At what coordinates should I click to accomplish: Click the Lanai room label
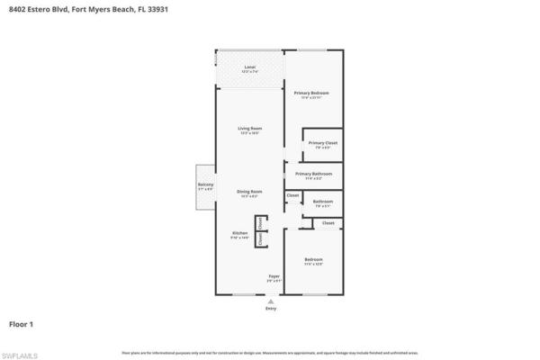tap(249, 67)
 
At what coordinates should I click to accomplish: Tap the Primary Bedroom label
tap(311, 94)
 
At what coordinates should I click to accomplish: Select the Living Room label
tap(249, 129)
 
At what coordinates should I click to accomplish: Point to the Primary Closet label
tap(323, 143)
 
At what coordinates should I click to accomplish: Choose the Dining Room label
tap(249, 192)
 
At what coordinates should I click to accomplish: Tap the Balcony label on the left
tap(205, 185)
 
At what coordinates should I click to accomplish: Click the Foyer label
tap(274, 276)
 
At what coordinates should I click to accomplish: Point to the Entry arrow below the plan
tap(272, 301)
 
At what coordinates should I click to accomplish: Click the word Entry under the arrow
tap(272, 309)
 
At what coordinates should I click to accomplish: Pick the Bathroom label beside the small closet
tap(323, 201)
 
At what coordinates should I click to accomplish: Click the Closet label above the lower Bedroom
tap(328, 222)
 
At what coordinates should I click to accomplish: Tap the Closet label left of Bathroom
tap(293, 194)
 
